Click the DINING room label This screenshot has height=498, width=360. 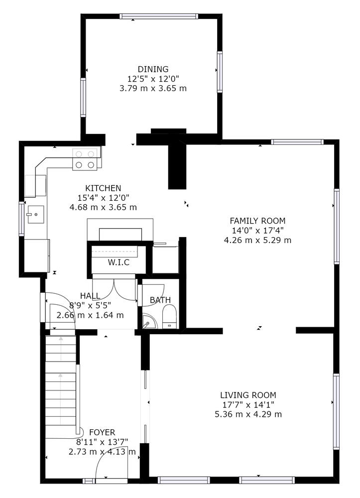(153, 69)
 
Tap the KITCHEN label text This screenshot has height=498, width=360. (103, 188)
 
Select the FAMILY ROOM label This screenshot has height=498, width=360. (257, 221)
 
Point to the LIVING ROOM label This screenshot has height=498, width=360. (248, 395)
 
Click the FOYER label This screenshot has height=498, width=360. (102, 432)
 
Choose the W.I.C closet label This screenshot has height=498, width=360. (119, 262)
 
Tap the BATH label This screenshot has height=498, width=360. (160, 300)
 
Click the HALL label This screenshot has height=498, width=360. (90, 296)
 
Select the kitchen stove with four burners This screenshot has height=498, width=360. (85, 159)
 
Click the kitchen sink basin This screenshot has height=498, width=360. (35, 214)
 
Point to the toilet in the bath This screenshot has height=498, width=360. (169, 317)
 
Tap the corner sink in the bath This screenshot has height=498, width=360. (148, 322)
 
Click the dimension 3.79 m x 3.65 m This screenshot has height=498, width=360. (153, 88)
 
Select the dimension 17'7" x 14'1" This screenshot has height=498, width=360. (248, 404)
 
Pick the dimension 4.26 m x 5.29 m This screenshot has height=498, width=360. (257, 240)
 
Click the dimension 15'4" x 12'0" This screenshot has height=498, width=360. (103, 198)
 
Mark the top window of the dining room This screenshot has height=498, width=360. (159, 16)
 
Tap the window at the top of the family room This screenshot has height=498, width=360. (297, 142)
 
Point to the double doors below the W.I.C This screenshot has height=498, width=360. (114, 289)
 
